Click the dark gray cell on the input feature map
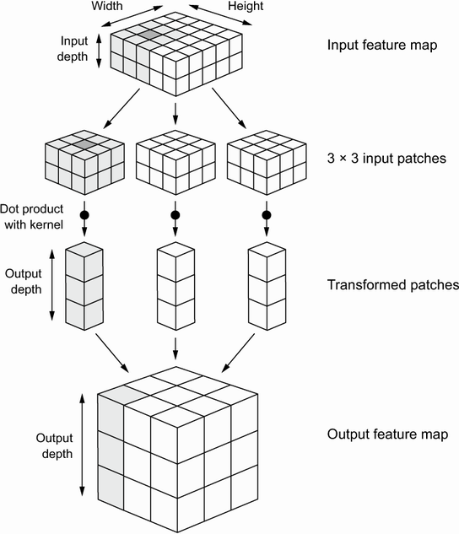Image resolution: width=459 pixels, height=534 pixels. pos(150,34)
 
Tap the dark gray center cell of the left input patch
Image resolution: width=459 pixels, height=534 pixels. pos(84,146)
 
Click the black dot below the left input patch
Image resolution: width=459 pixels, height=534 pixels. pos(84,215)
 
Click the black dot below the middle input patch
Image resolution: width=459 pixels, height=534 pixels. pos(175,215)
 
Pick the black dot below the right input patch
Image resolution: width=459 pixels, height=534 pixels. pos(266,215)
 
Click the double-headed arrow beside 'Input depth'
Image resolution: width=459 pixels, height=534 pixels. pos(100,49)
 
